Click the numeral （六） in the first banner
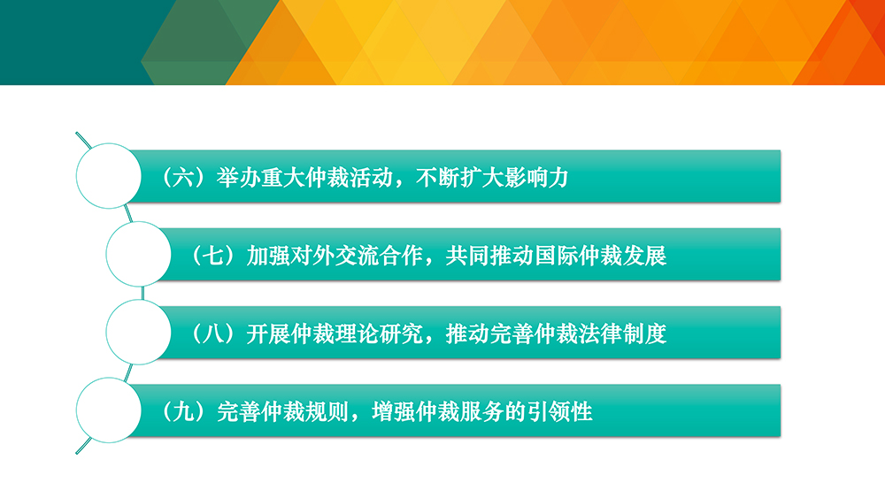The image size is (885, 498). point(186,178)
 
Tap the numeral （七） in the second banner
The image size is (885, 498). point(216,256)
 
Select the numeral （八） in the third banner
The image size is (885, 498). point(216,333)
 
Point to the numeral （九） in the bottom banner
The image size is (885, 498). point(186,411)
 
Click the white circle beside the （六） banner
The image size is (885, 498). point(108,176)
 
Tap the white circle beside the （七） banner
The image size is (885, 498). point(138,254)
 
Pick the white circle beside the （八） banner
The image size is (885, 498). point(138,333)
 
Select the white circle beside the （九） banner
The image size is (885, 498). point(108,410)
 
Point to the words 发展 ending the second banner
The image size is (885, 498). point(645,256)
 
